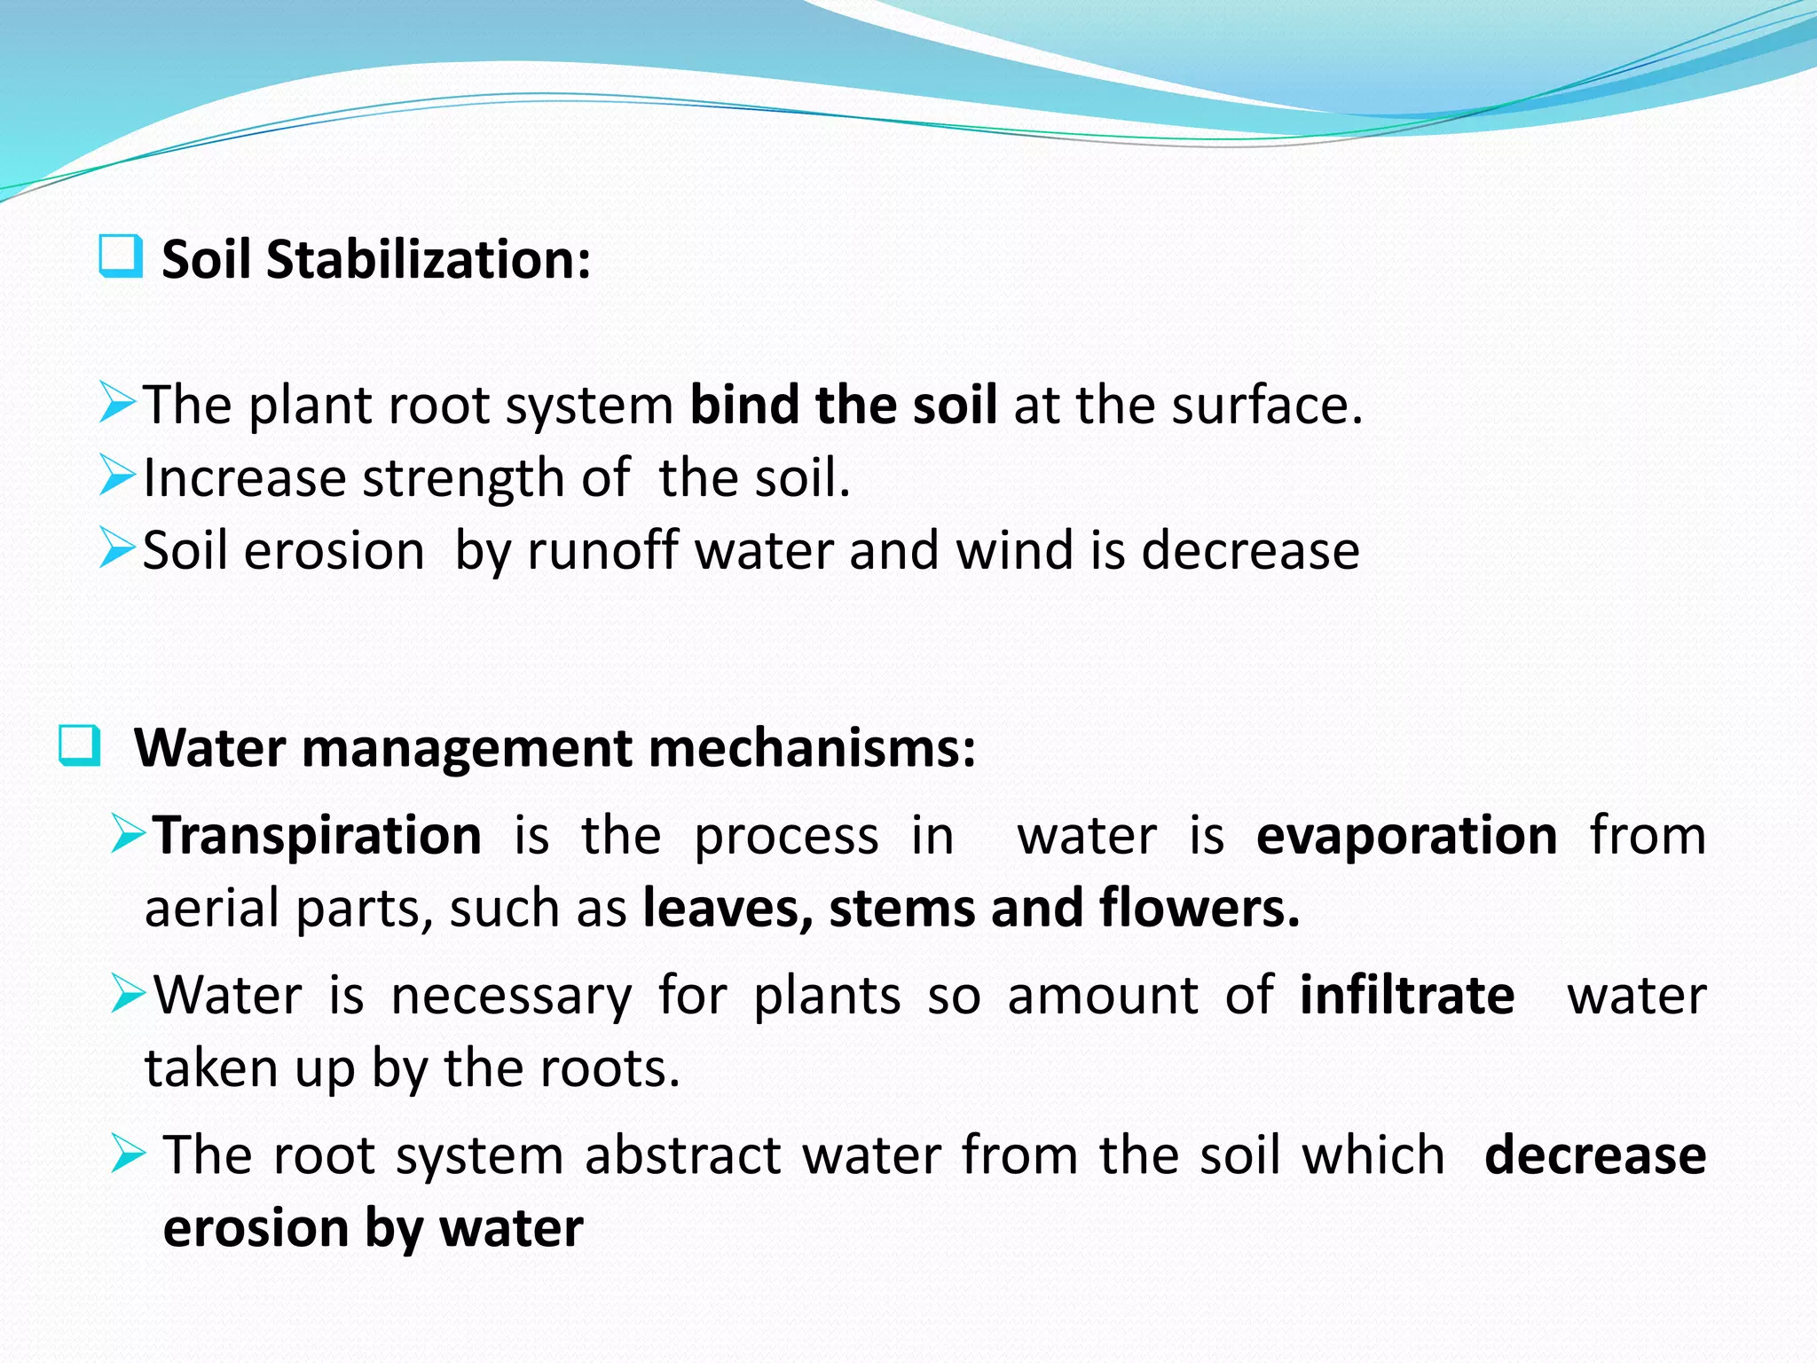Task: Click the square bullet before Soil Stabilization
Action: click(121, 257)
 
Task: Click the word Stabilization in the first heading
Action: click(428, 260)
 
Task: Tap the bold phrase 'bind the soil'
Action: click(843, 405)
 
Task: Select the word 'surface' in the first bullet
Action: click(1259, 405)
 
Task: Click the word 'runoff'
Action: click(602, 551)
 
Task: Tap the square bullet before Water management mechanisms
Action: click(80, 745)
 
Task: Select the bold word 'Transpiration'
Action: click(317, 836)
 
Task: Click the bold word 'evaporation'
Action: click(1406, 836)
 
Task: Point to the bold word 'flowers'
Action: click(1198, 909)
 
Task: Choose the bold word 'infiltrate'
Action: click(1406, 996)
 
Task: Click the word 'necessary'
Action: click(511, 996)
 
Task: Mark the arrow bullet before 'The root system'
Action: click(129, 1154)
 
